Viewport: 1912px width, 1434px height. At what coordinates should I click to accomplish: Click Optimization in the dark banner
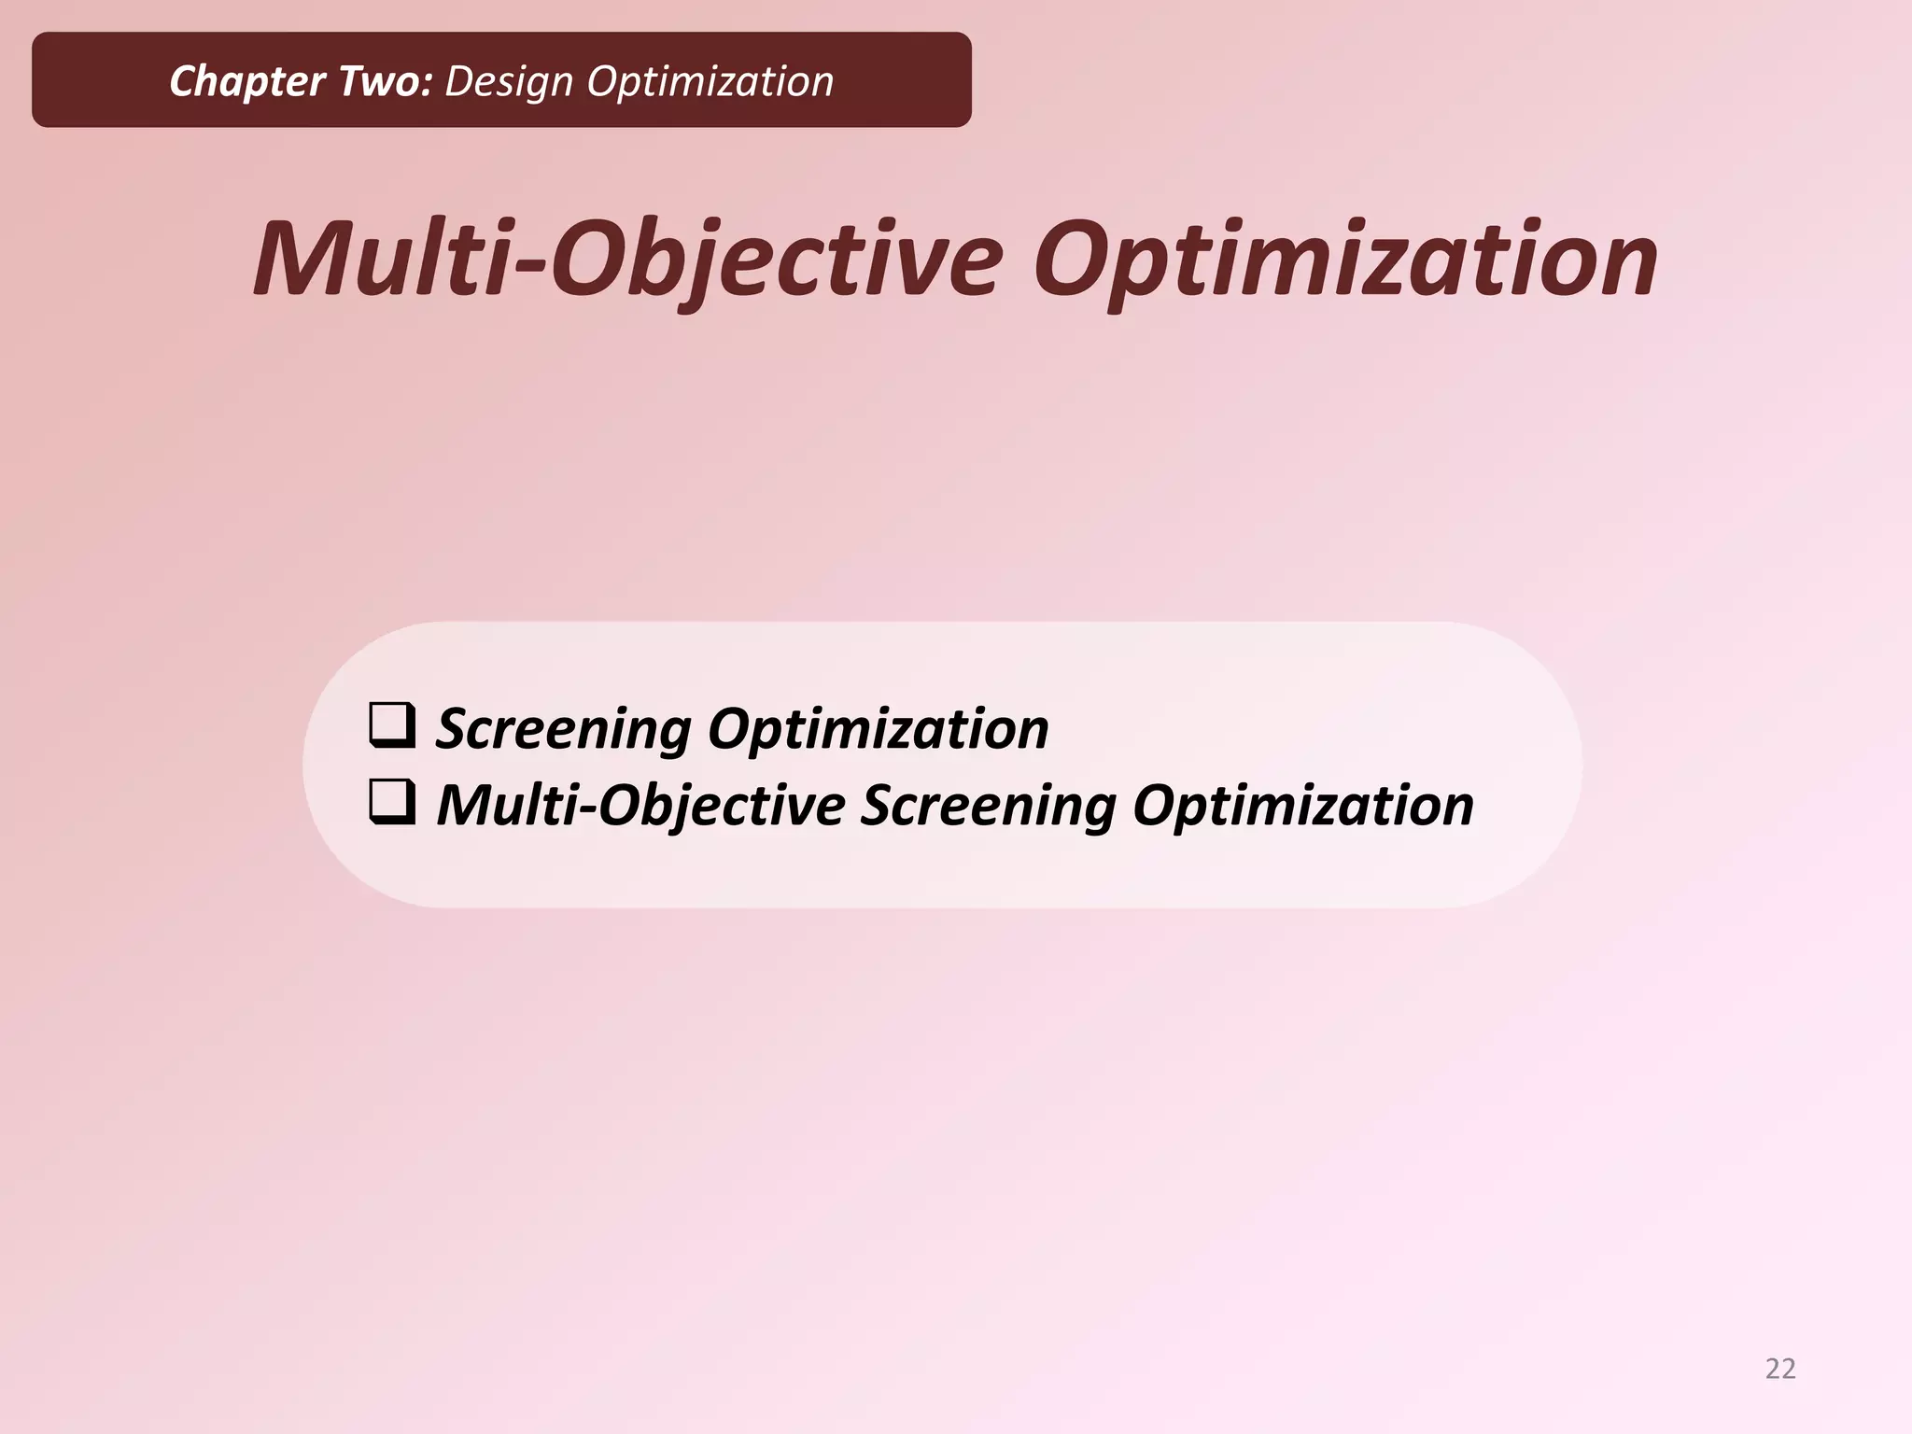[710, 82]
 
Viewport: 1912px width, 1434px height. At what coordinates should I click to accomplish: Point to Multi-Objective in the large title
[627, 259]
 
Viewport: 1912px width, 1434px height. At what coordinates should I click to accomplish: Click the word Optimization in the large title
[1344, 259]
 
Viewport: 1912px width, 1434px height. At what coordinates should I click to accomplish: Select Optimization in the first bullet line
[878, 728]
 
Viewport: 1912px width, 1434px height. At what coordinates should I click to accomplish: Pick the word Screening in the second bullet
[988, 805]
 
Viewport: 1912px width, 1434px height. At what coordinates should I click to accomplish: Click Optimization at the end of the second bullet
[1302, 805]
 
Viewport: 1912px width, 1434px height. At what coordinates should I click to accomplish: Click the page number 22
[1780, 1369]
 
